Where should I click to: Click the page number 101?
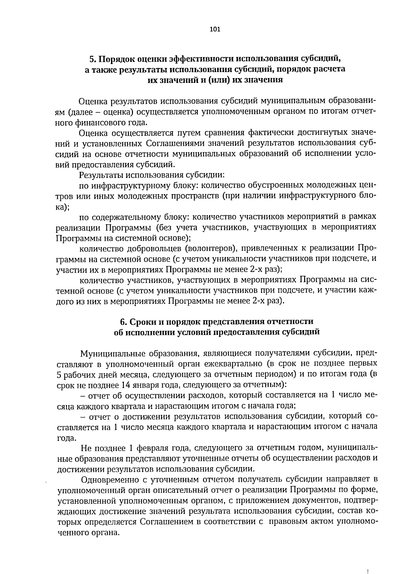(215, 29)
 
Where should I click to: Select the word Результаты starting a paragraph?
(100, 175)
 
